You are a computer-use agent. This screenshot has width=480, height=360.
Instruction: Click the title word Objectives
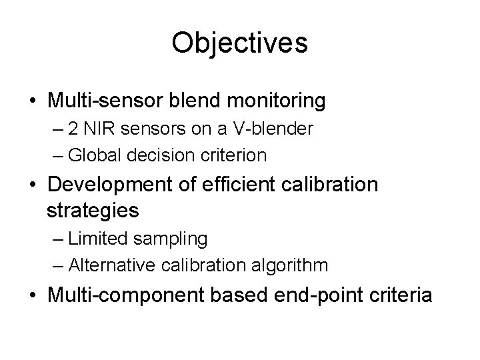click(x=239, y=43)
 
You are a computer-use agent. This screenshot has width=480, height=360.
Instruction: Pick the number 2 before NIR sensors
click(x=71, y=129)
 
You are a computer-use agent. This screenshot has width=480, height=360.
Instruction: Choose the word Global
click(x=91, y=155)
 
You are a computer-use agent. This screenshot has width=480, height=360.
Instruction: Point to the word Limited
click(x=93, y=238)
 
